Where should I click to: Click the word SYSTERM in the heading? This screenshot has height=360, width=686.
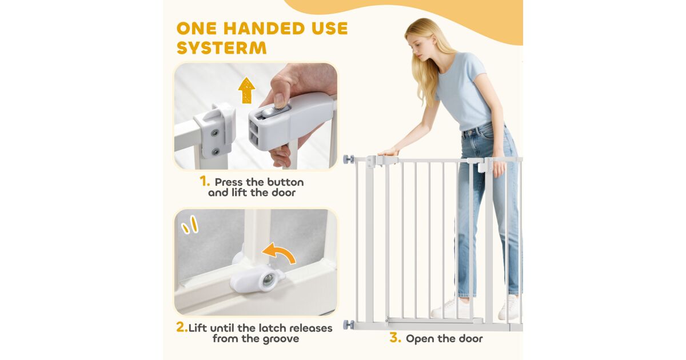[221, 48]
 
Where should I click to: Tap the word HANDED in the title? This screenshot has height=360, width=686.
[264, 29]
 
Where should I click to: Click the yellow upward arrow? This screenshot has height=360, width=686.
[246, 90]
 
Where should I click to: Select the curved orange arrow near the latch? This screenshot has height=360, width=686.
[279, 253]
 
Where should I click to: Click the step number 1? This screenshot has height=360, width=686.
[205, 181]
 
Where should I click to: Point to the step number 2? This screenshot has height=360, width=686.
[182, 327]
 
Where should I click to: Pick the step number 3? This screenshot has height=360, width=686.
[396, 338]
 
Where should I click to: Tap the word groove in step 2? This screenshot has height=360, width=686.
[281, 339]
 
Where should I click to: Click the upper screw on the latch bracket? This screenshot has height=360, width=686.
[215, 133]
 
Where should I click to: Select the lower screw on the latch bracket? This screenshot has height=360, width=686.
[216, 151]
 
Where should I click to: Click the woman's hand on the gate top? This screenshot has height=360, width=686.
[388, 152]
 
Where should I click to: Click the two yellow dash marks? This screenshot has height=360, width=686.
[190, 225]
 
